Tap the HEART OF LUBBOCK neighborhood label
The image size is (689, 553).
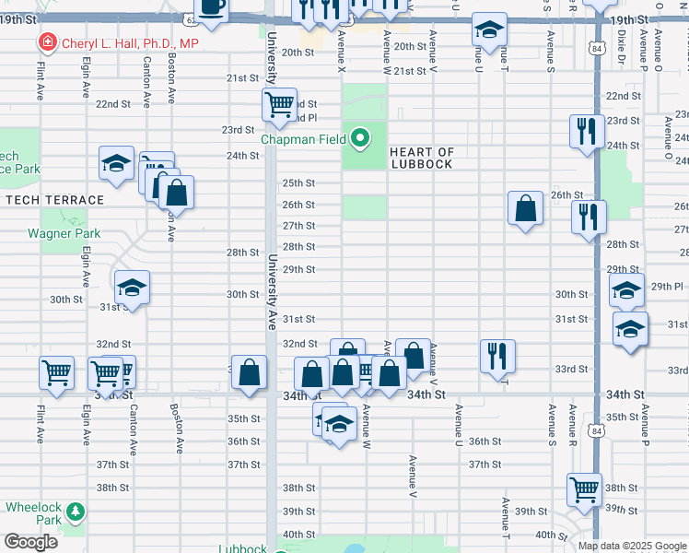(x=422, y=158)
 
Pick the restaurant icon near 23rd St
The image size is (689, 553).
(x=586, y=131)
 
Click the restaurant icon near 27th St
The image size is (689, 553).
(x=588, y=217)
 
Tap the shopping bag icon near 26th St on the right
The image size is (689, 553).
(x=525, y=207)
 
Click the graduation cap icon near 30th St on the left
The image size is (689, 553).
(x=132, y=287)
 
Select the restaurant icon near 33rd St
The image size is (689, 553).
(x=496, y=354)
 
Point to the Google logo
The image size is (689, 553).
(x=30, y=542)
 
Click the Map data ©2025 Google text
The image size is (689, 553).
(x=632, y=546)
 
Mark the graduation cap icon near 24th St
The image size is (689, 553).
(x=116, y=162)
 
